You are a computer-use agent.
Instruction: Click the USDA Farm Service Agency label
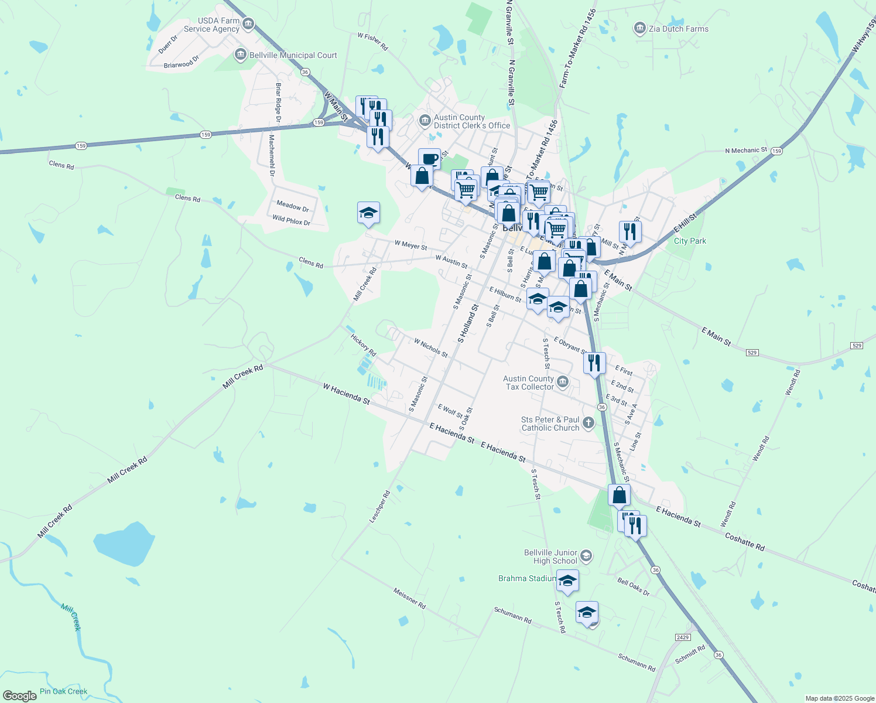coord(211,25)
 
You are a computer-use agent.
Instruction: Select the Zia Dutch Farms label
coord(678,29)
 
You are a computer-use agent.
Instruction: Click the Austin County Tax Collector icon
coord(563,383)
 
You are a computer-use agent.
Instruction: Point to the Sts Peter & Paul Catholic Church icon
coord(588,423)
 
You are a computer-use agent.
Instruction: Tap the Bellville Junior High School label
coord(550,557)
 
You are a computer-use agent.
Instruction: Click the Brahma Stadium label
coord(527,578)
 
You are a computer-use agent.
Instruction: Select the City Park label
coord(690,241)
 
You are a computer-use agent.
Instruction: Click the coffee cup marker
coord(429,159)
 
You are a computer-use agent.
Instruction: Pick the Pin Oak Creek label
coord(63,691)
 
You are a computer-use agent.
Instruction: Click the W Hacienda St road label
coord(346,394)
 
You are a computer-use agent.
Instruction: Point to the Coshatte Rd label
coord(744,541)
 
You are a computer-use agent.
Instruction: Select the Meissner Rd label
coord(409,598)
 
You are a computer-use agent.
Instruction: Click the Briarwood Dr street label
coord(182,62)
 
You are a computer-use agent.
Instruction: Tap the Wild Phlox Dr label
coord(291,221)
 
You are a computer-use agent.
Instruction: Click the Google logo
coord(20,695)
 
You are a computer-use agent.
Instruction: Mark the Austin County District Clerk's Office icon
coord(425,121)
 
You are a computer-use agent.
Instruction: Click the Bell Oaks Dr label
coord(634,587)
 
